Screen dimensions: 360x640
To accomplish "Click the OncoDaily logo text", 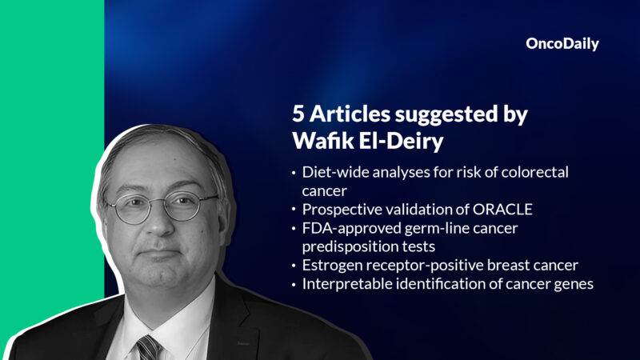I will (x=562, y=45).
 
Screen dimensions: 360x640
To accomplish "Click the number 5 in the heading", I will (x=298, y=115).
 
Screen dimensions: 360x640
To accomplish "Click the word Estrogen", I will (x=330, y=265).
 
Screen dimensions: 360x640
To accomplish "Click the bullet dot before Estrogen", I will (x=294, y=266).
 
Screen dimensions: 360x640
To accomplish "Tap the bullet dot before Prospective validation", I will (x=294, y=210).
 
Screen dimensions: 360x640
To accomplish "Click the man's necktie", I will (x=147, y=346).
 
